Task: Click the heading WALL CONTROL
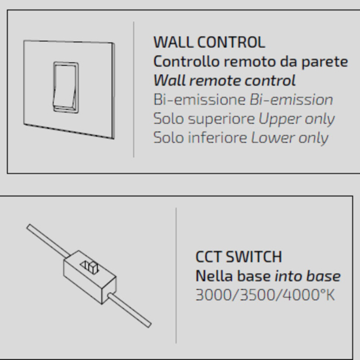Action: click(209, 43)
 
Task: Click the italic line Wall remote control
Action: click(225, 81)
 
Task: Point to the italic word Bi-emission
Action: click(291, 99)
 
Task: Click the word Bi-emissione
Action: click(199, 99)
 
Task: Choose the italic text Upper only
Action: click(297, 119)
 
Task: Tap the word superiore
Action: click(221, 119)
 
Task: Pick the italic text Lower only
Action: click(290, 137)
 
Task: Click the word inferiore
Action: click(217, 137)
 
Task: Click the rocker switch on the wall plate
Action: click(66, 87)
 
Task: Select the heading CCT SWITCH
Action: click(238, 257)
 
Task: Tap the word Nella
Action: click(214, 276)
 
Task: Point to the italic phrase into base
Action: click(308, 276)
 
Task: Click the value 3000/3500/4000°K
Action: click(265, 295)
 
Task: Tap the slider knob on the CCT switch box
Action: click(93, 267)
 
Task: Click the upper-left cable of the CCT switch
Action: click(48, 240)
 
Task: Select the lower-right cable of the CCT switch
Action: click(130, 310)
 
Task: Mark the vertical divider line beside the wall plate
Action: click(134, 90)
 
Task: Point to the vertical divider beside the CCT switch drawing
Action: click(176, 276)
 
